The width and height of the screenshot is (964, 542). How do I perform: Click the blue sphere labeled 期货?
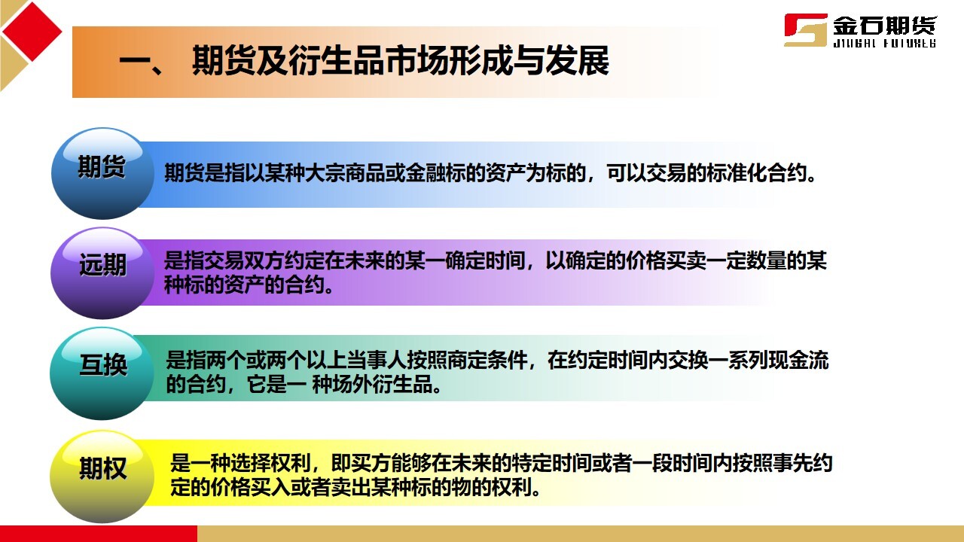[102, 173]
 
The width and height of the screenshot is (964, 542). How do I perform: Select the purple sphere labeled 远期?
[102, 272]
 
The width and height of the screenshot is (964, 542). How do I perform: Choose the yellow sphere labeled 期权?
[102, 475]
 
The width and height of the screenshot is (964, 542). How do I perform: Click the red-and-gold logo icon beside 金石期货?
[805, 30]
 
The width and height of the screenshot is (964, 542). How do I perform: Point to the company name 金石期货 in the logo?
[884, 26]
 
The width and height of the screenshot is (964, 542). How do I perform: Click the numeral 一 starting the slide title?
[136, 62]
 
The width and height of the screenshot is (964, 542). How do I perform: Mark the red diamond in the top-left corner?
[32, 31]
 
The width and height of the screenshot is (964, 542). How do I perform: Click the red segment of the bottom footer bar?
[98, 534]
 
